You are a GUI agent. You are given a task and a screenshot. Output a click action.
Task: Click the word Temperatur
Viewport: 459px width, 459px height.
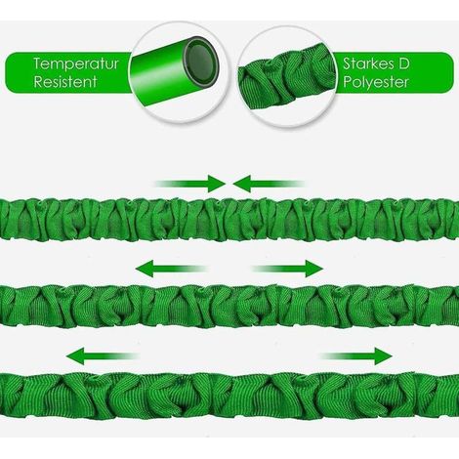[x=76, y=64]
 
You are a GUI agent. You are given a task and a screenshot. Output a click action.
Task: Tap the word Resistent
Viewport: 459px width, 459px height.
[x=65, y=82]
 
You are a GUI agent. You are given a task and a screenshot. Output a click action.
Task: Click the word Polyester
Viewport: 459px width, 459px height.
[x=375, y=82]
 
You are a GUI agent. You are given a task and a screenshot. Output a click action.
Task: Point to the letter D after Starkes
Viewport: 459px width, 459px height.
[x=403, y=63]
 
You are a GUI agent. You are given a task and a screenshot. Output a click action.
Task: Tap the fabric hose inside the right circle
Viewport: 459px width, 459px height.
[x=287, y=78]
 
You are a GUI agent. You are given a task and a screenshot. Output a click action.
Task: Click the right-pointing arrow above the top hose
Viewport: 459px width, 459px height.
[x=189, y=184]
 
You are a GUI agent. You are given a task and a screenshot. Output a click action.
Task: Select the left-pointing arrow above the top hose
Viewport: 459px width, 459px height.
[x=269, y=184]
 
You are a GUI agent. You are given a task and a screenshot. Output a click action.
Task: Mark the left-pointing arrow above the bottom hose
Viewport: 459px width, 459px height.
[x=103, y=355]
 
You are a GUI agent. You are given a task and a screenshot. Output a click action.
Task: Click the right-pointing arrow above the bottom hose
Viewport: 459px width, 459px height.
[x=355, y=355]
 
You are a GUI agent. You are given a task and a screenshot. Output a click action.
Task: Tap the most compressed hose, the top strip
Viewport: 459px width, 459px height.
[x=229, y=220]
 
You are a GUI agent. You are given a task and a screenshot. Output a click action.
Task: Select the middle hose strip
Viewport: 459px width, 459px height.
[x=229, y=306]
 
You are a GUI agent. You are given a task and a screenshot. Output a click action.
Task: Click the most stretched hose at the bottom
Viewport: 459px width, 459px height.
[x=229, y=396]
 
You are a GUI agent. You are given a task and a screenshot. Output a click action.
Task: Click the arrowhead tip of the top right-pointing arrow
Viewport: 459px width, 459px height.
[x=227, y=184]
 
